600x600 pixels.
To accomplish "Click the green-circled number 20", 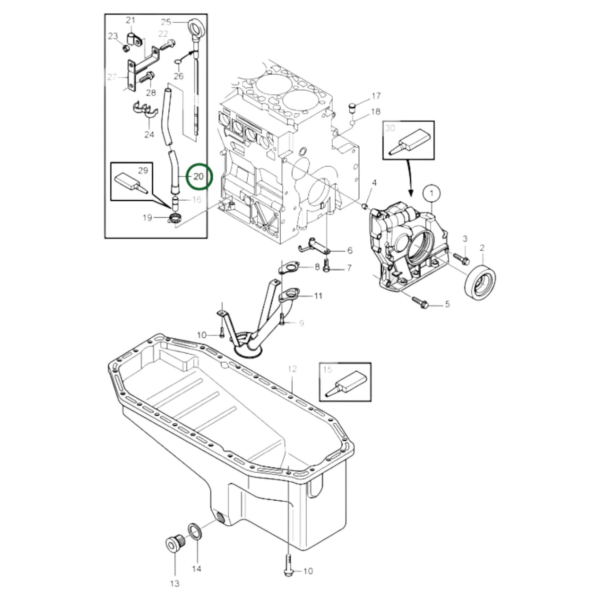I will [x=199, y=176].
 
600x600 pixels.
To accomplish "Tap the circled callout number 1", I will [x=432, y=193].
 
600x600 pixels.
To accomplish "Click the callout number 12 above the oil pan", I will [x=292, y=369].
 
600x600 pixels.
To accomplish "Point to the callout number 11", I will [x=318, y=296].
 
